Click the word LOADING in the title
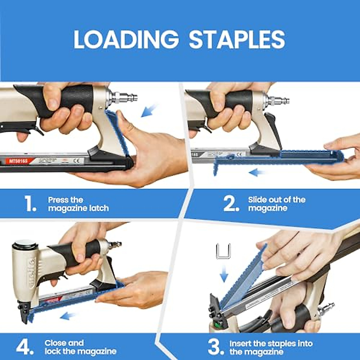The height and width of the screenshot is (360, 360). point(126,40)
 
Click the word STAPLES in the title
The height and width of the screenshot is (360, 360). point(237,40)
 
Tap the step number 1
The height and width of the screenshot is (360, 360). point(30,204)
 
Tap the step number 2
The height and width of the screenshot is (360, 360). point(231,204)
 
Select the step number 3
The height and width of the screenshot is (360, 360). point(216,347)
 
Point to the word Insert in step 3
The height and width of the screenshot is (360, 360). point(240,343)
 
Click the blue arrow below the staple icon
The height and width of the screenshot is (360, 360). point(223,274)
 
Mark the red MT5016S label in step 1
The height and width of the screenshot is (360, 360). point(18,161)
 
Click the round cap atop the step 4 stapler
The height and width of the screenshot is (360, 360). point(25,244)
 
